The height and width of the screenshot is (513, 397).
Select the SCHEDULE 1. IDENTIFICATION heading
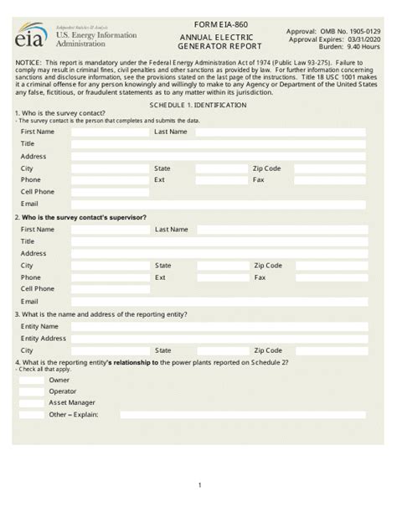(198, 106)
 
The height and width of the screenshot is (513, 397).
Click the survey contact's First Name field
(110, 132)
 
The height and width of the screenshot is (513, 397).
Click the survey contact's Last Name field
(281, 132)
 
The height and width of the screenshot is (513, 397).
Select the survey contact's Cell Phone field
(110, 191)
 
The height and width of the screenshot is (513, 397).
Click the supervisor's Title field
(218, 241)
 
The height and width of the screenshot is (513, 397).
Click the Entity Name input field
(218, 326)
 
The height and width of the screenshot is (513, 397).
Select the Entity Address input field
(218, 338)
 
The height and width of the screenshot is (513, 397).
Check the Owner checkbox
(32, 380)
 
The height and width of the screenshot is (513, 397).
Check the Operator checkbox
(32, 391)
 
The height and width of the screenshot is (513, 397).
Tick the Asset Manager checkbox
(32, 403)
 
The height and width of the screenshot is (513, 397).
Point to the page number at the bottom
(199, 485)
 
